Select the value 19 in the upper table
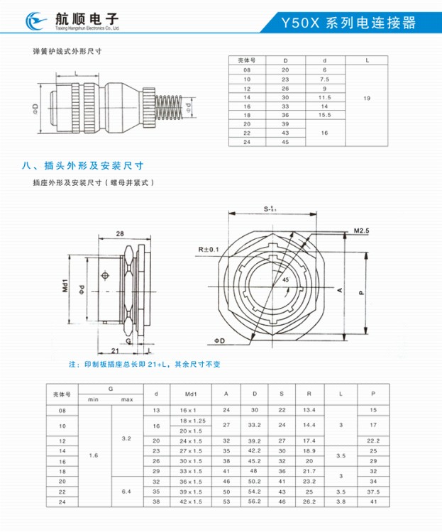pos(367,97)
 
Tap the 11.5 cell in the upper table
pos(325,97)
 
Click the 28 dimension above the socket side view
pos(120,233)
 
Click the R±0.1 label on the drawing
pos(209,250)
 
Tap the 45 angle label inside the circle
pos(284,280)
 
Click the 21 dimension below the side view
pos(114,350)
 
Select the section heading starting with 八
pos(83,165)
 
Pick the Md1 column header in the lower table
pos(190,393)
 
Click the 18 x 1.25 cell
pos(190,421)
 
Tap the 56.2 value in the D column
pos(253,501)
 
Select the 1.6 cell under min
pos(94,455)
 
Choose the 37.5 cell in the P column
pos(373,491)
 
